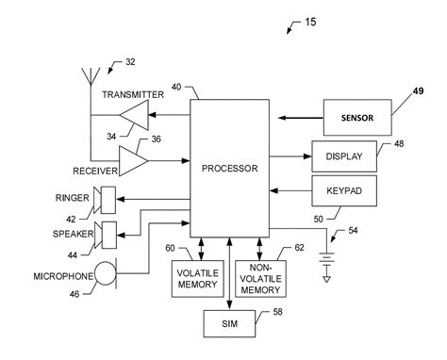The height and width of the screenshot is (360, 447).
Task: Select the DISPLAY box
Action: click(x=344, y=157)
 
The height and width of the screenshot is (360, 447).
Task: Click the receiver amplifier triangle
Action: click(x=135, y=162)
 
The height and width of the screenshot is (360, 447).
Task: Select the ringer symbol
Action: click(x=107, y=199)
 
